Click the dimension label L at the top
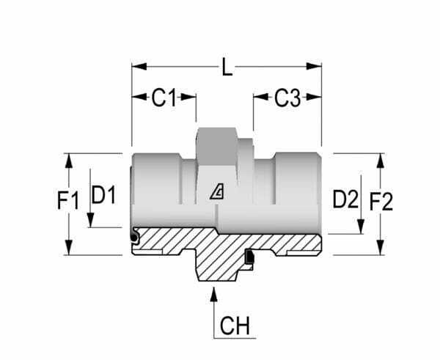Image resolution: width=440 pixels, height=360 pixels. [x=227, y=67]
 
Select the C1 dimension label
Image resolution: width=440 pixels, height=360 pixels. [x=164, y=98]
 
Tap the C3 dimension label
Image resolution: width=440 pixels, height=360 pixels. [x=287, y=98]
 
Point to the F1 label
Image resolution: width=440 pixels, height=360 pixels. [x=68, y=200]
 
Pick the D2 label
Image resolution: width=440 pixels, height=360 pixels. [x=345, y=199]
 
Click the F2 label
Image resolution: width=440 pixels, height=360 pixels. [x=381, y=202]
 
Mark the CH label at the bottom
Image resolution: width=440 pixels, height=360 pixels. [x=235, y=326]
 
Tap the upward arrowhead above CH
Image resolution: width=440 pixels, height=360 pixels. [x=214, y=294]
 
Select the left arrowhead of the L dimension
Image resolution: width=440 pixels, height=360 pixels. [x=139, y=67]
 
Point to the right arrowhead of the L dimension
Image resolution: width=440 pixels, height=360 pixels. [x=314, y=67]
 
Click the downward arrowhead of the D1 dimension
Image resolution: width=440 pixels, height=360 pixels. [x=90, y=220]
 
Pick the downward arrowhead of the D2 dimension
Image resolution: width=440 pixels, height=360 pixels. [x=361, y=227]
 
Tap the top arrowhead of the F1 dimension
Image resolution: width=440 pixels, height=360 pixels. [x=69, y=161]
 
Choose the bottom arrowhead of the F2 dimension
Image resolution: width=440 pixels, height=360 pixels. [x=380, y=248]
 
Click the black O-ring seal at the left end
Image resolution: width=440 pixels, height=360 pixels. [x=134, y=238]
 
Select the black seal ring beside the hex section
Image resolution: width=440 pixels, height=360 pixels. [x=250, y=257]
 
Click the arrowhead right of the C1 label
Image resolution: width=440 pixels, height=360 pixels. [x=188, y=97]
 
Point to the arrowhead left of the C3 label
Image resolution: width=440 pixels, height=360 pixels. [x=260, y=97]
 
